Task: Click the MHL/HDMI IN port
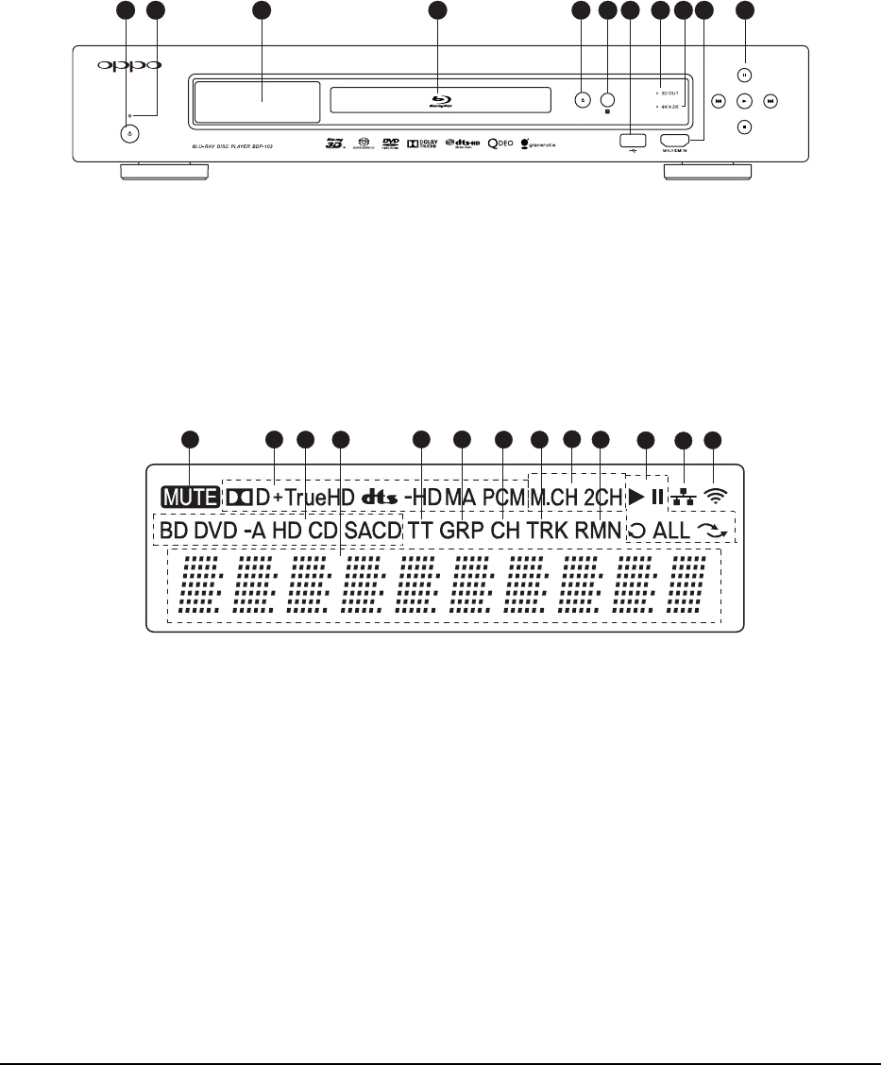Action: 676,140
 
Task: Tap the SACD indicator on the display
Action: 373,530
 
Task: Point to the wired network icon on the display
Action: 682,496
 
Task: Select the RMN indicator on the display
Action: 598,530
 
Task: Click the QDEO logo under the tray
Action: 500,148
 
